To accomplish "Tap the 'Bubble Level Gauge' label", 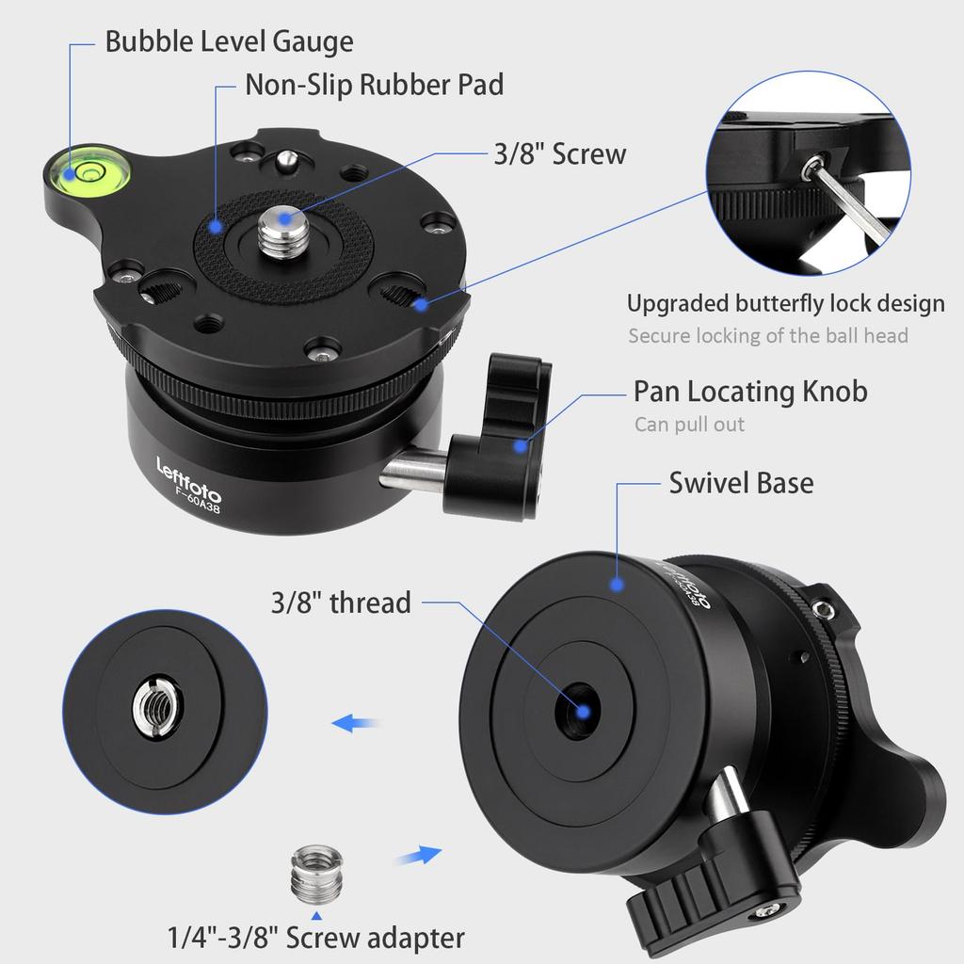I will pyautogui.click(x=229, y=41).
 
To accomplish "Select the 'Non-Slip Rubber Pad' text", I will pyautogui.click(x=374, y=85).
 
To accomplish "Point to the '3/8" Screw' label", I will pyautogui.click(x=559, y=153).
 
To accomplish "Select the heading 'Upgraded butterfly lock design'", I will pyautogui.click(x=785, y=304).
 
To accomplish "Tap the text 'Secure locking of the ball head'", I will pyautogui.click(x=768, y=335).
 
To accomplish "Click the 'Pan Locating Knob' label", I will pyautogui.click(x=750, y=391).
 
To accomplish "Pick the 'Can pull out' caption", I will pyautogui.click(x=689, y=424).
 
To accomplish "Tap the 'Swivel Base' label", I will pyautogui.click(x=741, y=483).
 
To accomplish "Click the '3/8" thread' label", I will pyautogui.click(x=342, y=602).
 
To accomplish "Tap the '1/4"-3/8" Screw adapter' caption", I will pyautogui.click(x=316, y=938).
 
